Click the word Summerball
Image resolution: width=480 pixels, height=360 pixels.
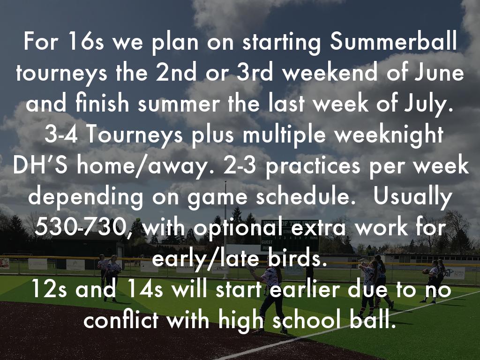pyautogui.click(x=393, y=41)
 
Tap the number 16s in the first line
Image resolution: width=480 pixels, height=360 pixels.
pyautogui.click(x=86, y=41)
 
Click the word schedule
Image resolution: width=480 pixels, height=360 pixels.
pyautogui.click(x=303, y=196)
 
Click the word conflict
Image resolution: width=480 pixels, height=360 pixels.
pyautogui.click(x=121, y=320)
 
